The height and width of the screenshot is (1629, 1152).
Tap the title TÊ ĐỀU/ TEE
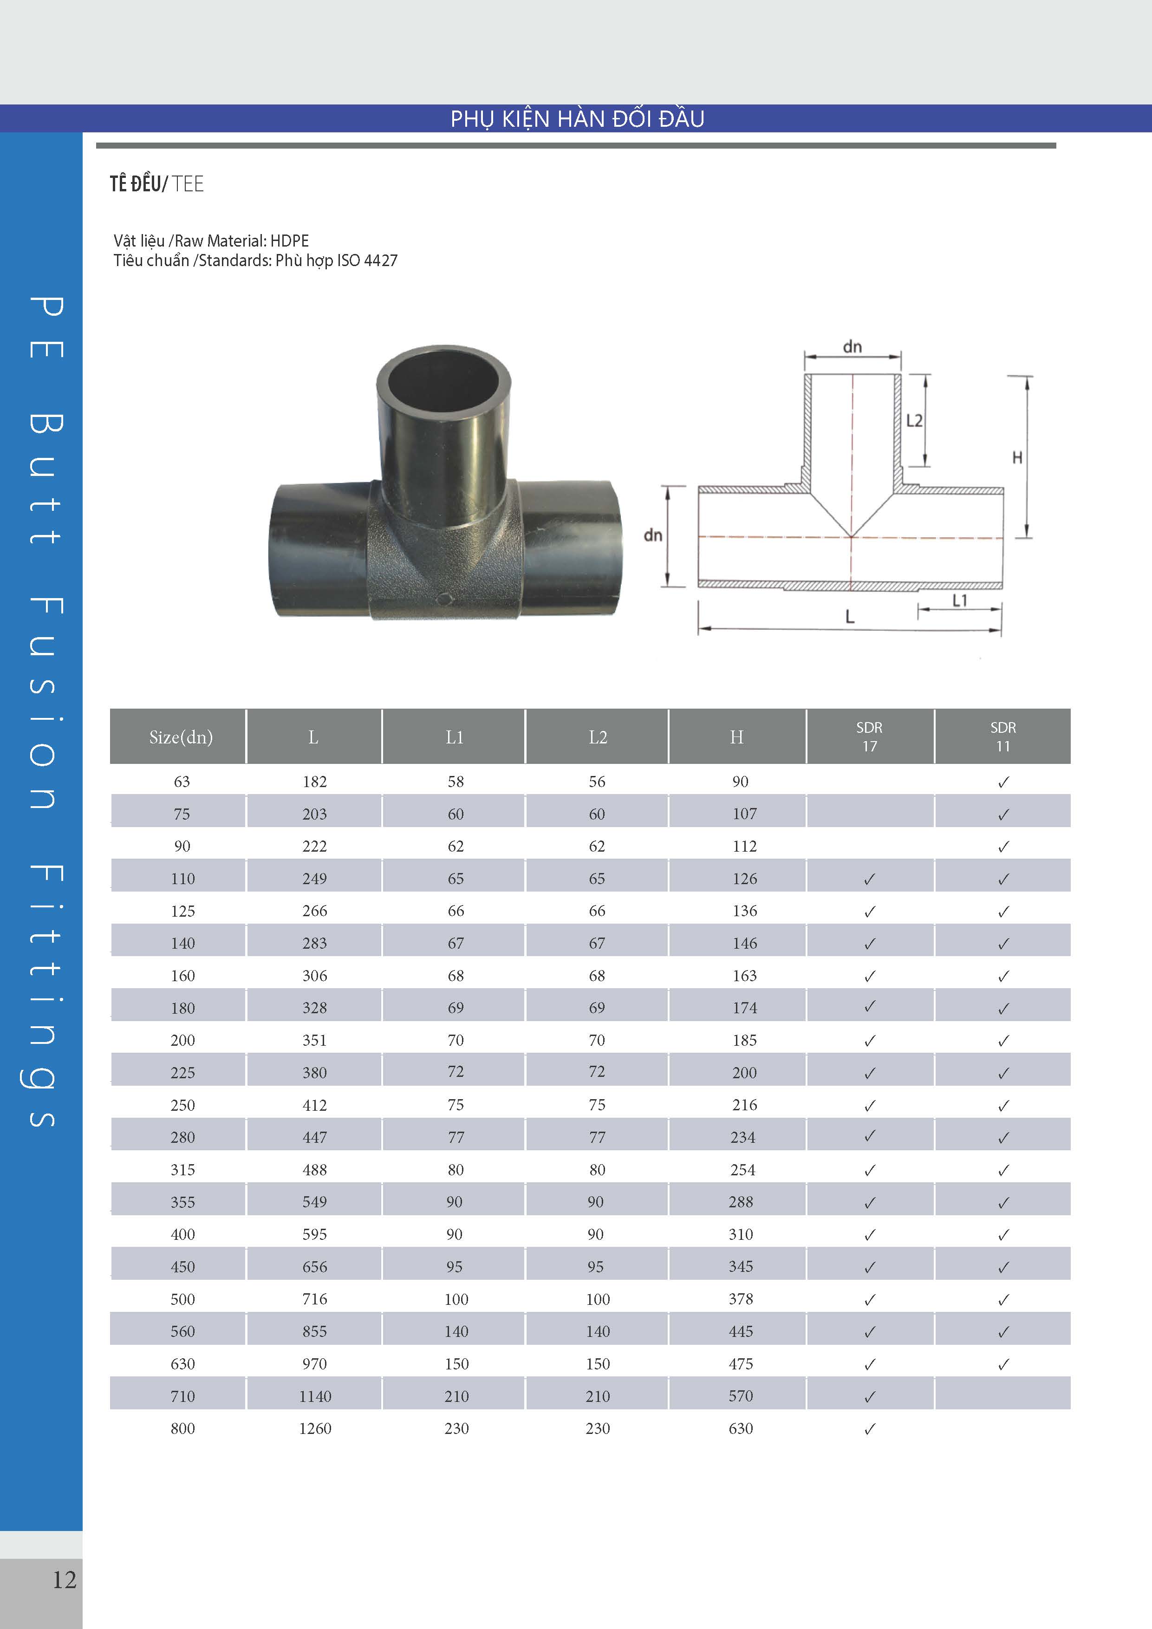[x=157, y=184]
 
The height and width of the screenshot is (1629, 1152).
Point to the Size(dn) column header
[x=181, y=737]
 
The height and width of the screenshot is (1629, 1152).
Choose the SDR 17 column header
[x=870, y=736]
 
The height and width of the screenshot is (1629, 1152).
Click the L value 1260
[x=315, y=1428]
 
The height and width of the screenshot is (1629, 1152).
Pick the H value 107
[x=745, y=814]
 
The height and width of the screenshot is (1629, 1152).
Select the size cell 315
[x=182, y=1169]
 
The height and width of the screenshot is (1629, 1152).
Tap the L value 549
[x=315, y=1202]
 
